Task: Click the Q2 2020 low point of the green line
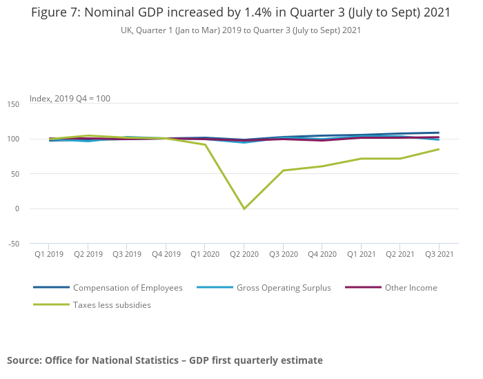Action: coord(244,208)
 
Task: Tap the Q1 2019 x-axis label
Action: coord(48,254)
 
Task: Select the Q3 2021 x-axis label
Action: coord(439,254)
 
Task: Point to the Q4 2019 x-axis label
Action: coord(166,254)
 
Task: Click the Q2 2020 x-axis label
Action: coord(244,254)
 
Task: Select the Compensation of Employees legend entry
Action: coord(128,288)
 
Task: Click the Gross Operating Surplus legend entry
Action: coord(284,288)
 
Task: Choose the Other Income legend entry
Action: coord(411,288)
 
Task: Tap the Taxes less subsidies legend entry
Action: coord(112,304)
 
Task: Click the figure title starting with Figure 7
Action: coord(241,12)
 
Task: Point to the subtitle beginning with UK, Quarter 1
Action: coord(241,30)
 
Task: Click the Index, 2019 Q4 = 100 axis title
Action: coord(70,99)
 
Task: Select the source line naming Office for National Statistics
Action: coord(165,360)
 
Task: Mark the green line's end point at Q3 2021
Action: coord(439,149)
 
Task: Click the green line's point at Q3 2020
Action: coord(283,171)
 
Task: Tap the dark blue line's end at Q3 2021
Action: coord(439,133)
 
